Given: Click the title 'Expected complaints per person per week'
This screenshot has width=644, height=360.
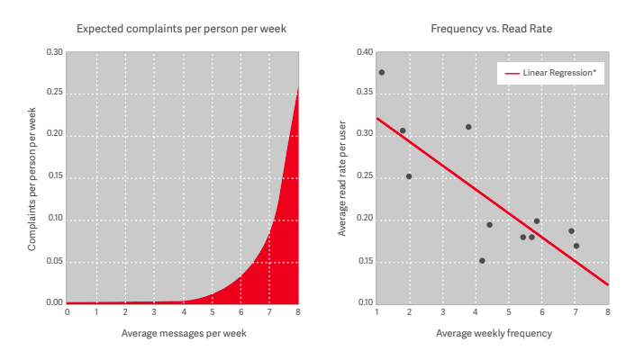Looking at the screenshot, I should (x=182, y=29).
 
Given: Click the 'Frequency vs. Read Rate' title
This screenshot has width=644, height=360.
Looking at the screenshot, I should (x=492, y=29).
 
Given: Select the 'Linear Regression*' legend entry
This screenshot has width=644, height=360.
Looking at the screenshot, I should (x=559, y=73).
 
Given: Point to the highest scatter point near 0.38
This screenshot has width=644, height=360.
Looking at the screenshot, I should (x=382, y=72).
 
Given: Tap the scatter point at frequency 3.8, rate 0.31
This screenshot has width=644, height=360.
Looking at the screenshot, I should (x=468, y=127).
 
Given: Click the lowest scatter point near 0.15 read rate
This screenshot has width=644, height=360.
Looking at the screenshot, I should (x=482, y=261).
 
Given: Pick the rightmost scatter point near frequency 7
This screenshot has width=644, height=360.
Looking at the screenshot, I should (x=576, y=246).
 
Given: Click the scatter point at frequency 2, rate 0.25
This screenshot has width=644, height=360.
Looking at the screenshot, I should (x=409, y=176).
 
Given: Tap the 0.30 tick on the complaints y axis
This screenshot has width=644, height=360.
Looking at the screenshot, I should (x=56, y=52).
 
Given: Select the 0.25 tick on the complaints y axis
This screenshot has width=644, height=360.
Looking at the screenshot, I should (x=56, y=93).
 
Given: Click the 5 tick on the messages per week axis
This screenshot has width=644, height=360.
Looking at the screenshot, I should (x=212, y=312).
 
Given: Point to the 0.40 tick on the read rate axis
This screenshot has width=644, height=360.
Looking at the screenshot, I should (x=364, y=52).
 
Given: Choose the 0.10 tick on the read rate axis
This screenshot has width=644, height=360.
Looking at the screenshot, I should (x=364, y=303).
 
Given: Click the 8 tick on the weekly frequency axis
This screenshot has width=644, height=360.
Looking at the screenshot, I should (x=608, y=312).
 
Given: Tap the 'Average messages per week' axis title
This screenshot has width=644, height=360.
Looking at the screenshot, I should (x=183, y=334).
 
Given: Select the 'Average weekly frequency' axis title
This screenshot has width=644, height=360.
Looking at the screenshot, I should (x=494, y=334).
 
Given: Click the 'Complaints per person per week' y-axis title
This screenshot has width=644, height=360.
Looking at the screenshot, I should (x=32, y=177).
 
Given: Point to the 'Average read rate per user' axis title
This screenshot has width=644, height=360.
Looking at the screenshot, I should (x=342, y=177).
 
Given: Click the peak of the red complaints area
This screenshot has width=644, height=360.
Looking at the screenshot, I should (x=298, y=87).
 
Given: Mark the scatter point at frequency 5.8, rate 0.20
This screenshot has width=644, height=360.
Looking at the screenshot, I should (x=537, y=221).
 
